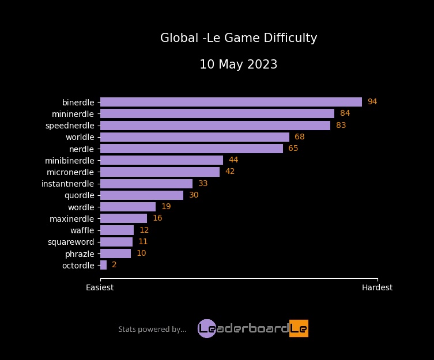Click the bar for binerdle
[231, 102]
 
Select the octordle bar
[103, 265]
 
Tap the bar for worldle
[194, 137]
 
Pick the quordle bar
[141, 195]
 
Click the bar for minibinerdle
[161, 160]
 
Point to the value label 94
[372, 102]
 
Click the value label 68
[299, 137]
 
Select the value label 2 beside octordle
[114, 265]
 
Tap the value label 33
[203, 184]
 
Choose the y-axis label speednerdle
[70, 125]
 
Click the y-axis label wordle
[81, 207]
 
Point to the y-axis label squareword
[71, 242]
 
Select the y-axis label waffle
[82, 230]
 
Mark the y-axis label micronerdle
[70, 172]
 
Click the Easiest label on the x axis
[100, 287]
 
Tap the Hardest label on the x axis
[377, 287]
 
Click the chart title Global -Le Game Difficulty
[239, 39]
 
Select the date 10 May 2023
[239, 65]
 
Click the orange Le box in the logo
[299, 328]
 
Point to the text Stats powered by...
[152, 329]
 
